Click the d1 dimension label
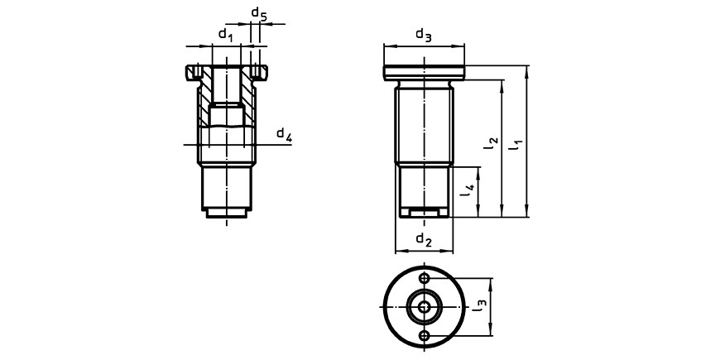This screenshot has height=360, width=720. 226,35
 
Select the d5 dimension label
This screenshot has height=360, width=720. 258,14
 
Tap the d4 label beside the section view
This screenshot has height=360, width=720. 284,135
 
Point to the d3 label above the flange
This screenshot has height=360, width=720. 424,36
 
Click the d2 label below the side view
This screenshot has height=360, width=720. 424,240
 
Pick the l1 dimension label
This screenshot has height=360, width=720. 517,146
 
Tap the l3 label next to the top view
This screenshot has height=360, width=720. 479,306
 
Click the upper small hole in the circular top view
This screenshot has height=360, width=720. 425,278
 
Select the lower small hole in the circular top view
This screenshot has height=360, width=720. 425,336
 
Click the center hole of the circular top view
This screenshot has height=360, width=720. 425,307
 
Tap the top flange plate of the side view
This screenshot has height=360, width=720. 424,73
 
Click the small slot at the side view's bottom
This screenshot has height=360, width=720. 424,213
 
